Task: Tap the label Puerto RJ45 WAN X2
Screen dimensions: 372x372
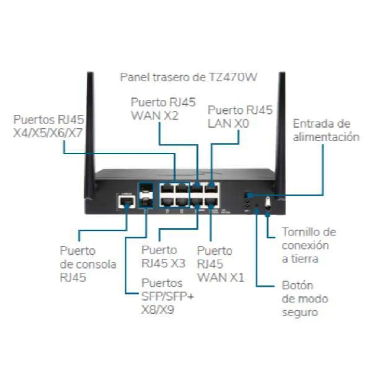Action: [163, 109]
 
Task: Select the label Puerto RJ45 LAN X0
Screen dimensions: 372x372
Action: [240, 116]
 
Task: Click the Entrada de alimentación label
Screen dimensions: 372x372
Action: [326, 130]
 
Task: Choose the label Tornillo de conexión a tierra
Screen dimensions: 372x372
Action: [309, 245]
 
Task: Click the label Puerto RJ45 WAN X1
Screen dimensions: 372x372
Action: [220, 264]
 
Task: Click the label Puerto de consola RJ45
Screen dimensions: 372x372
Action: [88, 264]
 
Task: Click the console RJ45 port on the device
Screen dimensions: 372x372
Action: [124, 202]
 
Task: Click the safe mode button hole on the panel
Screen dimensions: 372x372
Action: [257, 205]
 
